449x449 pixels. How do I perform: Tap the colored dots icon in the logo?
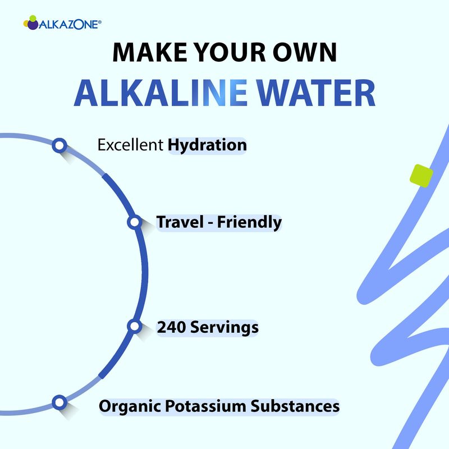tap(31, 22)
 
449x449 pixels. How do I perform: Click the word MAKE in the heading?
tap(150, 52)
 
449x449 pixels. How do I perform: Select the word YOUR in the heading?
tap(230, 52)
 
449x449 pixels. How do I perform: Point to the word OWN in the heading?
tap(304, 52)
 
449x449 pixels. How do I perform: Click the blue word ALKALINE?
tap(161, 93)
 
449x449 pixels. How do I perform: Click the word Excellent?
tap(130, 145)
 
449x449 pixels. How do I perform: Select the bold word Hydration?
tap(207, 145)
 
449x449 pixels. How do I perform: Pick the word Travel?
tap(180, 222)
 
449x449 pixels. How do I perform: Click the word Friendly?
tap(249, 223)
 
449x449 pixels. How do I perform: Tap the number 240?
tap(171, 327)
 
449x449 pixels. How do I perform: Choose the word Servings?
tap(224, 328)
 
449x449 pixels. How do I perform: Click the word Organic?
tap(130, 406)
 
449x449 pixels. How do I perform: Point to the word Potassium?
tap(205, 406)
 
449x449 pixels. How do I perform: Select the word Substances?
tap(295, 406)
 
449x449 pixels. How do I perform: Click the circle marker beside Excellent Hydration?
tap(59, 145)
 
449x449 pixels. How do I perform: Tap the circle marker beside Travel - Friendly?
tap(134, 222)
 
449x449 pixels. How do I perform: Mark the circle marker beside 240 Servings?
tap(134, 326)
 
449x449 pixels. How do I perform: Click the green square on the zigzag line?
tap(421, 176)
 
